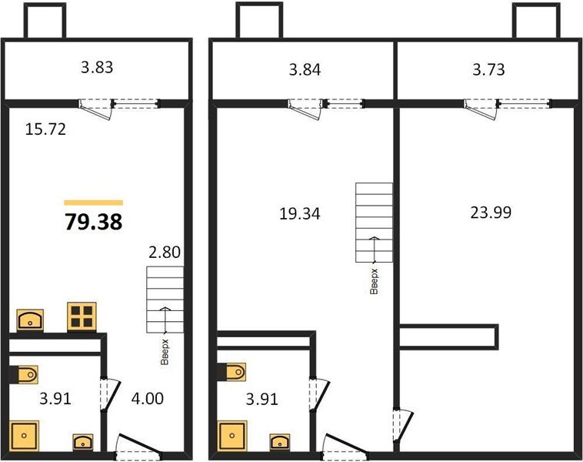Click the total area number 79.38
[x=93, y=222]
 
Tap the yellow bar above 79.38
[x=93, y=203]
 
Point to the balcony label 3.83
[x=98, y=68]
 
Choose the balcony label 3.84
[x=304, y=71]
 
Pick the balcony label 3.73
[x=488, y=71]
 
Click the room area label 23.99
[x=491, y=212]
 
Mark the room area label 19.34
[x=300, y=213]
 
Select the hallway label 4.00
[x=148, y=400]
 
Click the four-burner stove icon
[x=81, y=316]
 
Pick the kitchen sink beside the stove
[x=30, y=318]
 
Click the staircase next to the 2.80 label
[x=165, y=298]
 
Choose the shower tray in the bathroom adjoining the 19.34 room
[x=233, y=434]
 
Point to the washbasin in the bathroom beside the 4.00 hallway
[x=82, y=442]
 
